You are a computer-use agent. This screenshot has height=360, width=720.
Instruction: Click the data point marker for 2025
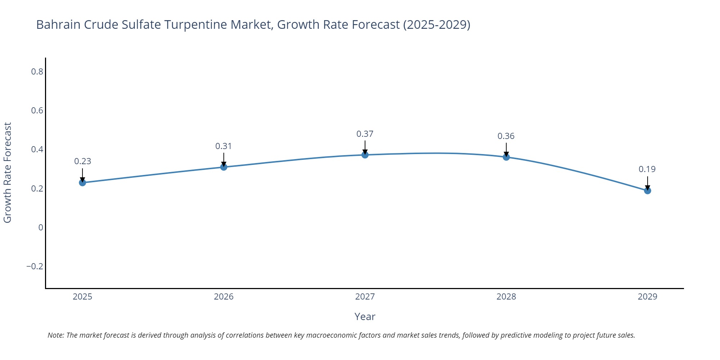pyautogui.click(x=82, y=183)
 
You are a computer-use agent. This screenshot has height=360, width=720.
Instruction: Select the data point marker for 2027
pyautogui.click(x=365, y=155)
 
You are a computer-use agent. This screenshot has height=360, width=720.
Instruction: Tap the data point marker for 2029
pyautogui.click(x=647, y=190)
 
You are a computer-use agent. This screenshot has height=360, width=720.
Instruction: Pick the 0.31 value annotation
pyautogui.click(x=224, y=146)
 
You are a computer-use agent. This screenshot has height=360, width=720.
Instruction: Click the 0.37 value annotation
pyautogui.click(x=365, y=134)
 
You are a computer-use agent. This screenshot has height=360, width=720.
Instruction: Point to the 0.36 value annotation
pyautogui.click(x=506, y=136)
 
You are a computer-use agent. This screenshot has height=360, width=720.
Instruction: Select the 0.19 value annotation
pyautogui.click(x=647, y=169)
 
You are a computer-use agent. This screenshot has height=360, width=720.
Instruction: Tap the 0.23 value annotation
pyautogui.click(x=82, y=161)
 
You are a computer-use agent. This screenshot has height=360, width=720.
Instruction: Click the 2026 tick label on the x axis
pyautogui.click(x=224, y=297)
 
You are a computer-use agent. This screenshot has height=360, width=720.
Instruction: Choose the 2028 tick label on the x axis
pyautogui.click(x=506, y=297)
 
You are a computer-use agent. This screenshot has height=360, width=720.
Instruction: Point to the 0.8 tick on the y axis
pyautogui.click(x=37, y=72)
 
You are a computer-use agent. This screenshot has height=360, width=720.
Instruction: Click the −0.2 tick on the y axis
pyautogui.click(x=35, y=266)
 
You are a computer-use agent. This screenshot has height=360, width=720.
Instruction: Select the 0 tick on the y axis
pyautogui.click(x=41, y=228)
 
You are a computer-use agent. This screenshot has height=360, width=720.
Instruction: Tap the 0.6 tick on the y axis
pyautogui.click(x=37, y=111)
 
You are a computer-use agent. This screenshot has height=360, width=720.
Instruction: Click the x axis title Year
pyautogui.click(x=365, y=317)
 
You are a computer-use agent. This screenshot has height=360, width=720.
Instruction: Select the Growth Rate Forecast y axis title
pyautogui.click(x=8, y=172)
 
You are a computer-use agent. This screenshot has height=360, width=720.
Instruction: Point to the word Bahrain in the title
pyautogui.click(x=58, y=24)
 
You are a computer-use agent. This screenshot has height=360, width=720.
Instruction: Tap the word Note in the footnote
pyautogui.click(x=55, y=335)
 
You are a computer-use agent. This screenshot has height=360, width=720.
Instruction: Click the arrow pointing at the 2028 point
pyautogui.click(x=506, y=149)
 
